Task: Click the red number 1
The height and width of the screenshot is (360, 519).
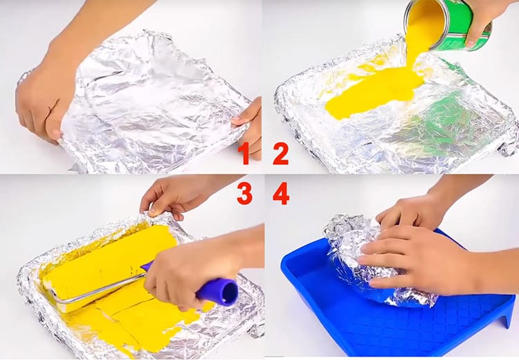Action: (x=244, y=153)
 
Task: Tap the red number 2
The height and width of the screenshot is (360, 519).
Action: (x=281, y=154)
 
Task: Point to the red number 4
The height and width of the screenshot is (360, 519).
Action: (x=281, y=194)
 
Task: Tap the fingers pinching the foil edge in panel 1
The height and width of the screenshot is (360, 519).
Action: (x=249, y=123)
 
